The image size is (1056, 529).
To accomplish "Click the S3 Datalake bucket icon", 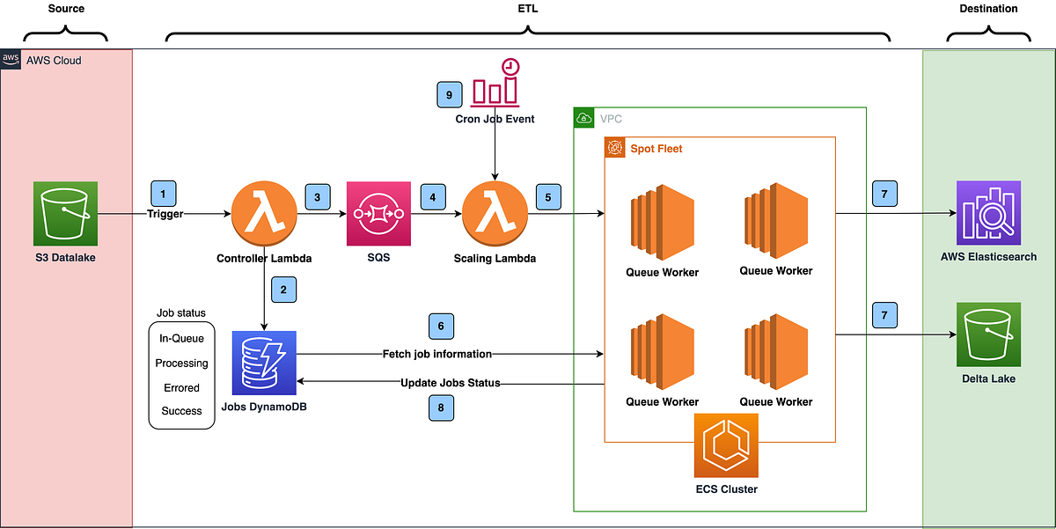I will pyautogui.click(x=64, y=213).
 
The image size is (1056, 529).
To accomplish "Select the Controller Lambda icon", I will pyautogui.click(x=263, y=214).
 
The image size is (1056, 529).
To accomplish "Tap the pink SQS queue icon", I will pyautogui.click(x=379, y=214).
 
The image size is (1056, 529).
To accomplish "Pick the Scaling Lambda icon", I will pyautogui.click(x=495, y=214).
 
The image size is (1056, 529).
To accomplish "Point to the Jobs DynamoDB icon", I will pyautogui.click(x=264, y=363).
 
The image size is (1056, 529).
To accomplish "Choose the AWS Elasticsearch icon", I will pyautogui.click(x=988, y=213).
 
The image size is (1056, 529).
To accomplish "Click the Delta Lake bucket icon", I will pyautogui.click(x=988, y=334).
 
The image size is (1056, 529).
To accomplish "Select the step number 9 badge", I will pyautogui.click(x=449, y=94).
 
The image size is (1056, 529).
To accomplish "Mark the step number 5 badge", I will pyautogui.click(x=548, y=197).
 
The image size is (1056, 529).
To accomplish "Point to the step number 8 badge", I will pyautogui.click(x=442, y=408).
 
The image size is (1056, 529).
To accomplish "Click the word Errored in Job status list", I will pyautogui.click(x=181, y=387).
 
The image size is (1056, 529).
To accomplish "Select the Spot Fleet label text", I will pyautogui.click(x=656, y=149).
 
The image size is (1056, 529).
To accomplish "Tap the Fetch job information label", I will pyautogui.click(x=436, y=354).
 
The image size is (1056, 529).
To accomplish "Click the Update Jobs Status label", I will pyautogui.click(x=450, y=383).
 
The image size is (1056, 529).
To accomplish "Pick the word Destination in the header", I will pyautogui.click(x=988, y=9).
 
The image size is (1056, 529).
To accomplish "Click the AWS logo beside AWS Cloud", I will pyautogui.click(x=11, y=60).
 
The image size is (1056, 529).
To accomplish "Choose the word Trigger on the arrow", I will pyautogui.click(x=165, y=214).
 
